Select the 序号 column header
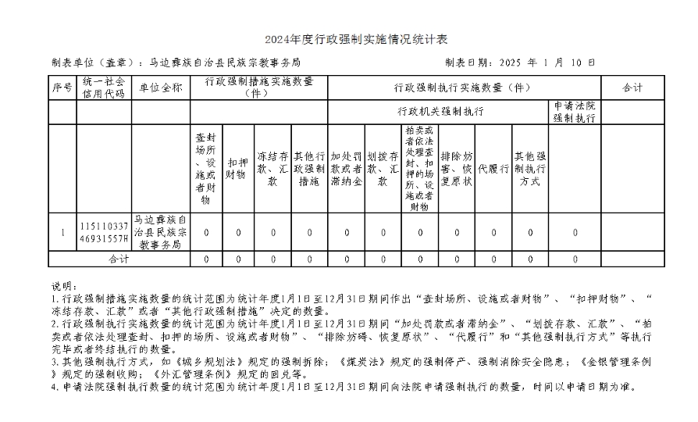click(62, 88)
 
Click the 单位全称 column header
click(160, 88)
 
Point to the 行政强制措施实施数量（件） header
click(258, 87)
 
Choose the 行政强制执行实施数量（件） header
click(463, 88)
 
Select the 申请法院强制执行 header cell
click(575, 112)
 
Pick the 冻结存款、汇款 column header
click(273, 169)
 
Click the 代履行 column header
click(493, 169)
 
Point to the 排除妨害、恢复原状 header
click(457, 169)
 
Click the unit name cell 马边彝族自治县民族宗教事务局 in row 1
click(160, 232)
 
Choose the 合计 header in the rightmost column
click(632, 88)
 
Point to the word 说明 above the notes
click(61, 286)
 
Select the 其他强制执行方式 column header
click(530, 169)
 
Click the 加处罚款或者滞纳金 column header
click(347, 169)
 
